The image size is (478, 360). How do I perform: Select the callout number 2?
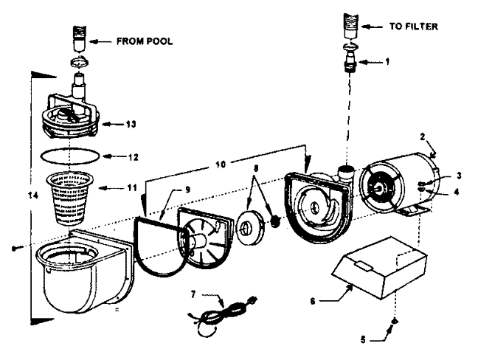pyautogui.click(x=423, y=136)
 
